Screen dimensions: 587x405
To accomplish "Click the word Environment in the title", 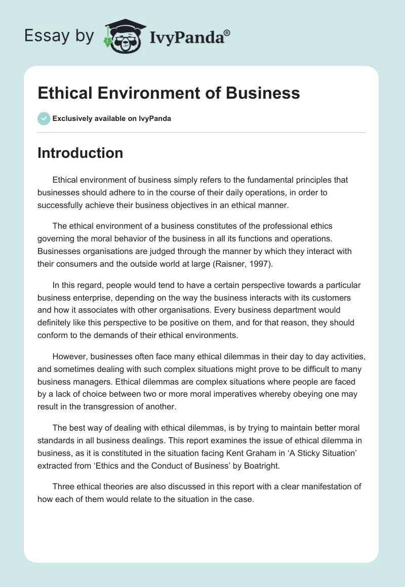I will coord(149,93).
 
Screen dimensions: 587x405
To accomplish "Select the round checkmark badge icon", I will coord(44,118).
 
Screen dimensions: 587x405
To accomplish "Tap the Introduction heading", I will coord(80,153).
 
